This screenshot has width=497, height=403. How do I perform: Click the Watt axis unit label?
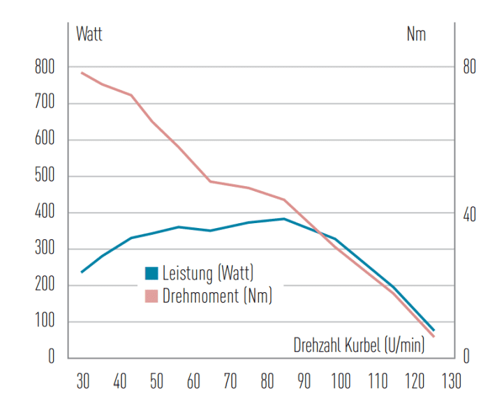89,33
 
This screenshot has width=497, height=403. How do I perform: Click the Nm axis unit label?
416,33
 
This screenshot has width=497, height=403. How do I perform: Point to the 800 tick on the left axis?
43,68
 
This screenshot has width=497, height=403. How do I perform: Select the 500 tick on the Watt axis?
43,176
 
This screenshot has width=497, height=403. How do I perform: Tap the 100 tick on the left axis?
43,322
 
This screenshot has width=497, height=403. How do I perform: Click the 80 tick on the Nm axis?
468,68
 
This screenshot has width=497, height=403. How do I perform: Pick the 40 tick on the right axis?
468,213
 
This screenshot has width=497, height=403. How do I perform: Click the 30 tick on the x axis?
82,381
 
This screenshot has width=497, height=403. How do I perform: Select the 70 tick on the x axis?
230,381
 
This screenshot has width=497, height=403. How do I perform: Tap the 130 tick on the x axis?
451,381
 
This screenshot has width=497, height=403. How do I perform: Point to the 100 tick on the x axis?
341,381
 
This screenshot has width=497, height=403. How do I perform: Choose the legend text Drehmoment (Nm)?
217,296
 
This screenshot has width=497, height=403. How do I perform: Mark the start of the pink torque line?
82,73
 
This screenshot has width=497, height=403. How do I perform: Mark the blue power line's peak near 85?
283,219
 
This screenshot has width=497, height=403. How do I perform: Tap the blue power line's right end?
433,330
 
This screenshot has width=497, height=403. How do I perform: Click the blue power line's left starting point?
82,271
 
